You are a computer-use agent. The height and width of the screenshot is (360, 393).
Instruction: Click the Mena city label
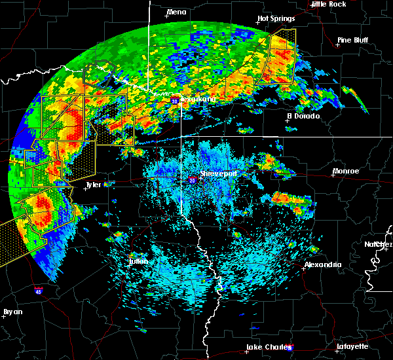[176, 12]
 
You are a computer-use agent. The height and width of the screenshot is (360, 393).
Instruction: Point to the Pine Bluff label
[352, 41]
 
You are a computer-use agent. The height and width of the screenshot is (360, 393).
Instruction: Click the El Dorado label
[304, 116]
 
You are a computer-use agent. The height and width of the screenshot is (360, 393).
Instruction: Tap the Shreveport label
[217, 174]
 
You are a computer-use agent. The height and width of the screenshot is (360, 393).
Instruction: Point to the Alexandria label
[322, 264]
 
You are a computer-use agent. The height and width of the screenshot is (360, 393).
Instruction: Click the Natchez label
[379, 244]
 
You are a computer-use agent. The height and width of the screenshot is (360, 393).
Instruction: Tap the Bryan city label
[13, 312]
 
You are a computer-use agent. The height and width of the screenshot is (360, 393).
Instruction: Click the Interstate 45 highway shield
[39, 290]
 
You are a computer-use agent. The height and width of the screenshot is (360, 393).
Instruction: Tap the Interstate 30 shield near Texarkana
[175, 101]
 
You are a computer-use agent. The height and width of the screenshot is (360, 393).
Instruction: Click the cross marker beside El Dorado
[289, 120]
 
